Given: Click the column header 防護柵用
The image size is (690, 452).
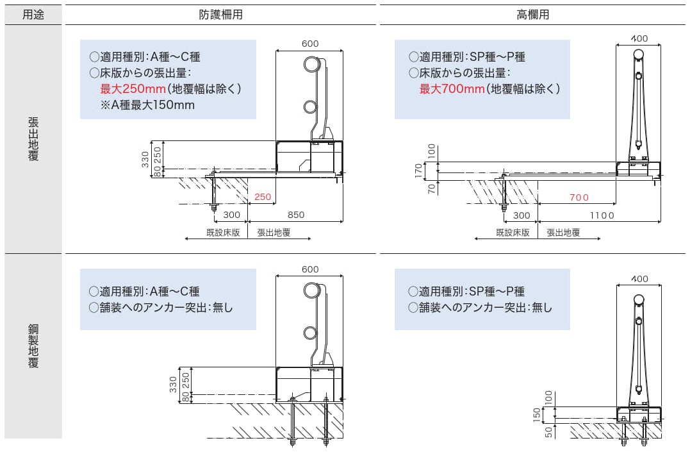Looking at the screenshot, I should coord(220,14).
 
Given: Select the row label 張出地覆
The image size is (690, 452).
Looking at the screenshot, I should coord(33,138).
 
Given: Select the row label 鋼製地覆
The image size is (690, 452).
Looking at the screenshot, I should coord(33,346).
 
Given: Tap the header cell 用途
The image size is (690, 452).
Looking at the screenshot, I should coord(33,14).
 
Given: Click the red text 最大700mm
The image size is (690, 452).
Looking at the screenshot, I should coord(452,88).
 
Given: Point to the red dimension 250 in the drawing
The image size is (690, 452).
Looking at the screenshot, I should coord(263,197).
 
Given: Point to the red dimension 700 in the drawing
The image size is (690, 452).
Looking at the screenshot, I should coord(579,197).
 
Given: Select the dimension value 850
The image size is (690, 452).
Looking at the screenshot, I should coord(296,215).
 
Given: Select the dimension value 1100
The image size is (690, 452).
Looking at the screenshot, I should coord(602,215).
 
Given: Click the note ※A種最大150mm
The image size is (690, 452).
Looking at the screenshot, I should coord(147,105).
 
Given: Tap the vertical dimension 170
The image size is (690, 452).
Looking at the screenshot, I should coord(418,170).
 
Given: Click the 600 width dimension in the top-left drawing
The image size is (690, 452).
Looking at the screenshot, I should coord(309,44).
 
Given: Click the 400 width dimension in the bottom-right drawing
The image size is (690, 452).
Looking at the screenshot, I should coord(639,278).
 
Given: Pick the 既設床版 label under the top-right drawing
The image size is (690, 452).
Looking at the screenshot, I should coord(513,233).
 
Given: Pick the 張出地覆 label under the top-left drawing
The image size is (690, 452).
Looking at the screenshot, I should coord(274,233).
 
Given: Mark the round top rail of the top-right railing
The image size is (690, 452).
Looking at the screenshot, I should coord(638,55).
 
